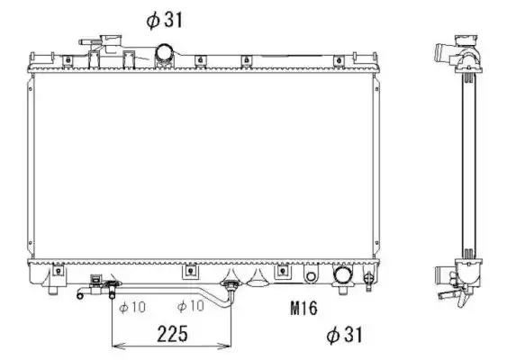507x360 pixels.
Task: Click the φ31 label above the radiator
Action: pyautogui.click(x=164, y=20)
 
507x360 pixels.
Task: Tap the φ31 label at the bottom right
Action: pyautogui.click(x=344, y=335)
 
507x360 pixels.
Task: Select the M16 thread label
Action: pyautogui.click(x=304, y=308)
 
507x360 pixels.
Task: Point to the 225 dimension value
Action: pyautogui.click(x=172, y=334)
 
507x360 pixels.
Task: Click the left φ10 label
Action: pyautogui.click(x=132, y=307)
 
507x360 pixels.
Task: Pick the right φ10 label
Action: pyautogui.click(x=191, y=306)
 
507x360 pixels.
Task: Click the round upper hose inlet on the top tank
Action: pyautogui.click(x=165, y=52)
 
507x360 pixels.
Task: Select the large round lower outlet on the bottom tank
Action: pyautogui.click(x=343, y=276)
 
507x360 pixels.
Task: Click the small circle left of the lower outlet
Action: pyautogui.click(x=311, y=276)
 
